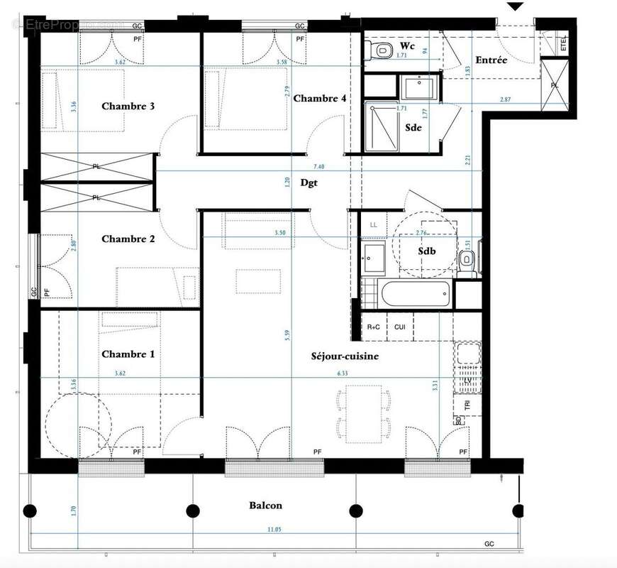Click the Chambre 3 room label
[x=128, y=106]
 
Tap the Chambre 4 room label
[x=320, y=98]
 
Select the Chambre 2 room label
[x=128, y=239]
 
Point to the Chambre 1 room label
[x=128, y=354]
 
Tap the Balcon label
[x=265, y=506]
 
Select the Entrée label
[x=491, y=60]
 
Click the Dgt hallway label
[x=308, y=182]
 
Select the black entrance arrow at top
[x=516, y=6]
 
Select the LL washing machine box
[x=374, y=225]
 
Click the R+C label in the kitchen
[x=374, y=327]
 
